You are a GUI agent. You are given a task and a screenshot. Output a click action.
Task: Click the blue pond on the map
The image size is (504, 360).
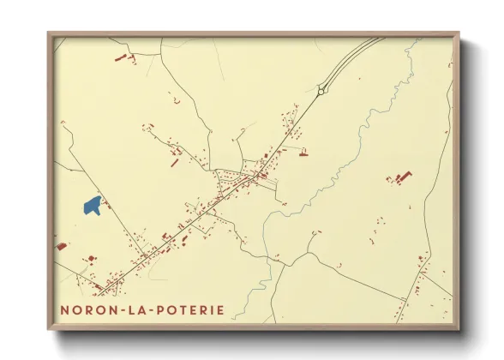pyautogui.click(x=93, y=205)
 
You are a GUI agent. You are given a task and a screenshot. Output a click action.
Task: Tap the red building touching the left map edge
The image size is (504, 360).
pyautogui.click(x=61, y=247)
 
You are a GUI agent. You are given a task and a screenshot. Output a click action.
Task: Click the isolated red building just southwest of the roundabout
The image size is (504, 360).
pyautogui.click(x=303, y=154)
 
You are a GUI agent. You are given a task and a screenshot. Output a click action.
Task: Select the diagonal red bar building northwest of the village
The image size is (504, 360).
pyautogui.click(x=174, y=161)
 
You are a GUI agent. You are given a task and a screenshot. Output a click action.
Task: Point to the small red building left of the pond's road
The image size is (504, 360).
pyautogui.click(x=88, y=258)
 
